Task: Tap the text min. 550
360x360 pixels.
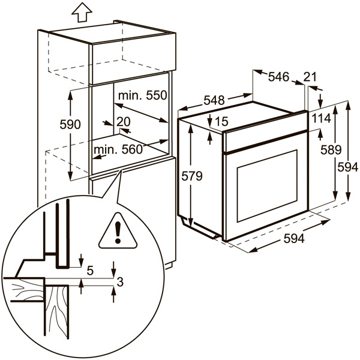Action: click(142, 95)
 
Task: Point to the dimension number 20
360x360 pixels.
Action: click(123, 121)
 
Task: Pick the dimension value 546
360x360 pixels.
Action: click(278, 76)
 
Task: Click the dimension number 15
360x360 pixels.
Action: click(221, 122)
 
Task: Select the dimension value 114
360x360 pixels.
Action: click(321, 119)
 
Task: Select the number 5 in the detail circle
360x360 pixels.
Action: click(90, 271)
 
